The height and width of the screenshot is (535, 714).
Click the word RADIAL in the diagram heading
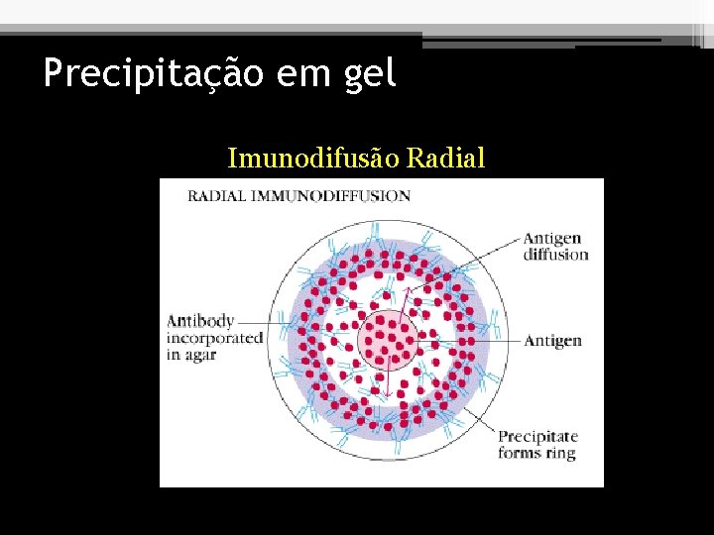pos(218,196)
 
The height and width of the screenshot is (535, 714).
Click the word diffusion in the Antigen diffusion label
pos(555,255)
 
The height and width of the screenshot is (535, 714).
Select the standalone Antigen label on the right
pos(551,341)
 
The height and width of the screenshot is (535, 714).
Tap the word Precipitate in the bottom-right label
pos(536,437)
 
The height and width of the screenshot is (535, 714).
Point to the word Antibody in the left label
pos(199,321)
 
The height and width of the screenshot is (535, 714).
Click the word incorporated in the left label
pos(214,338)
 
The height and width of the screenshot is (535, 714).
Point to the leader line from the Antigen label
pos(476,341)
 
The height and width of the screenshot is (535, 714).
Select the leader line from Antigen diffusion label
pos(476,266)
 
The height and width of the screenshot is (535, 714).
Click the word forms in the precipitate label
pos(520,454)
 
